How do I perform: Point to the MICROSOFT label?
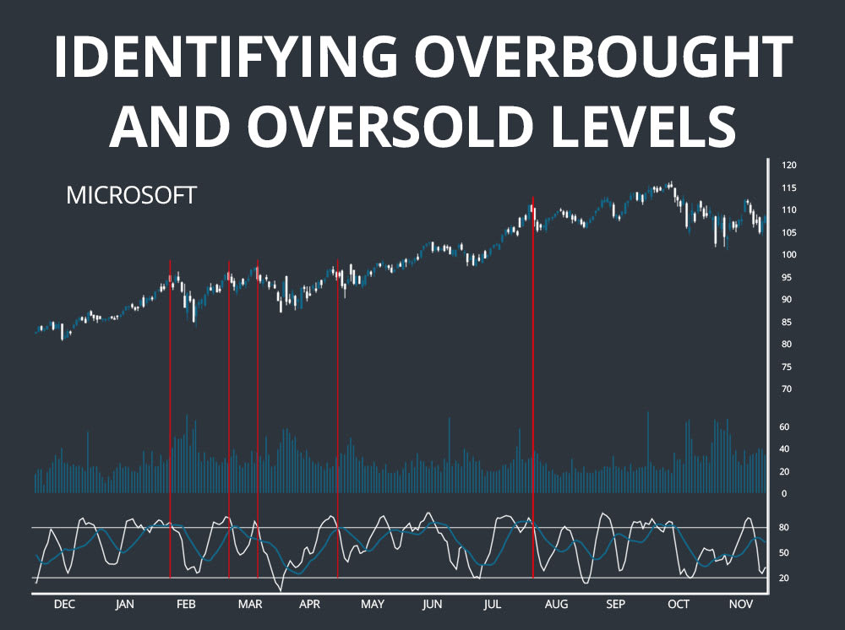pyautogui.click(x=131, y=196)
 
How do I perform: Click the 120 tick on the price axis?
pyautogui.click(x=789, y=165)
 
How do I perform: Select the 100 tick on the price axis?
pyautogui.click(x=789, y=255)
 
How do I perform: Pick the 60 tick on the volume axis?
pyautogui.click(x=784, y=427)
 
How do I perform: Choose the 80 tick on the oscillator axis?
pyautogui.click(x=784, y=528)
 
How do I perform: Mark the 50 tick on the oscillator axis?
pyautogui.click(x=784, y=553)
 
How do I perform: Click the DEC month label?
pyautogui.click(x=64, y=605)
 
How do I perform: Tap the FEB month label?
pyautogui.click(x=186, y=605)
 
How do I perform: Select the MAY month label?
pyautogui.click(x=373, y=605)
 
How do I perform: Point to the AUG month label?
pyautogui.click(x=556, y=605)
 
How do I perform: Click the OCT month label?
pyautogui.click(x=678, y=605)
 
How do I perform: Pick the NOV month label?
pyautogui.click(x=741, y=605)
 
